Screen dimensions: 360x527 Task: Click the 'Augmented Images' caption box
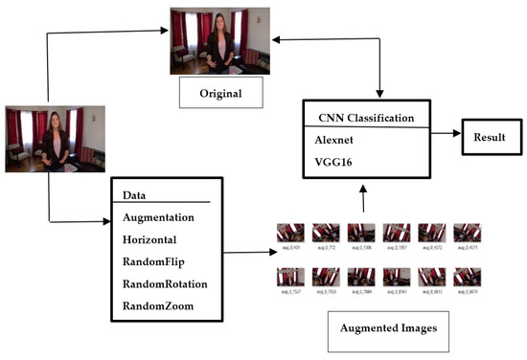[x=387, y=327]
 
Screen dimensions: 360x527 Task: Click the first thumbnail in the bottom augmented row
[x=288, y=277]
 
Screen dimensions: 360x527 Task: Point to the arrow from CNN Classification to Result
[x=447, y=136]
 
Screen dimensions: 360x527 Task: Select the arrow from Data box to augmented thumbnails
[x=245, y=254]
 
